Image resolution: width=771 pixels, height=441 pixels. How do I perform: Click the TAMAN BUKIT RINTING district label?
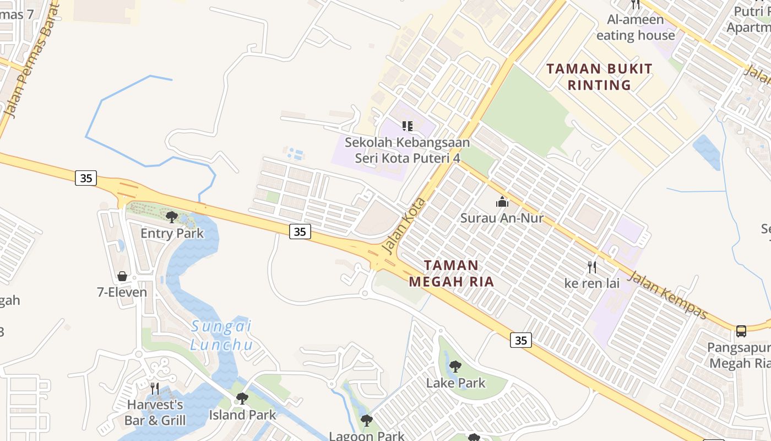point(599,77)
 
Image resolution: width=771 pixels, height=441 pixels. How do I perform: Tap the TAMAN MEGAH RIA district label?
point(451,273)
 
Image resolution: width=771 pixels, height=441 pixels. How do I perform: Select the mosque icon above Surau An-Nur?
point(502,202)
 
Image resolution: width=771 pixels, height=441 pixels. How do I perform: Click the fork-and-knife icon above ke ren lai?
point(592,267)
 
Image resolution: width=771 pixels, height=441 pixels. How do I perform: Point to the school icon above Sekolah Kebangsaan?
point(407,126)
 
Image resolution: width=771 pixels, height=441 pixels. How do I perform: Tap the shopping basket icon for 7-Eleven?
point(122,276)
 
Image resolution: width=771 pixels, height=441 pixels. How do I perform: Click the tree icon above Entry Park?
point(171,217)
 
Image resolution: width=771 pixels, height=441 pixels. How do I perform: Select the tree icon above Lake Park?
point(455,366)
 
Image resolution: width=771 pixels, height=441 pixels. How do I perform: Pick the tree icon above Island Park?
point(242,398)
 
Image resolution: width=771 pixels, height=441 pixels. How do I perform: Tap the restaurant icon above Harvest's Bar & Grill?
point(155,388)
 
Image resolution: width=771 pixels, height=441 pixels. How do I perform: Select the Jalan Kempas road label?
point(667,295)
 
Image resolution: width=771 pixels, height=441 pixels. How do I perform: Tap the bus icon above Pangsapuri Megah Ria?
point(741,331)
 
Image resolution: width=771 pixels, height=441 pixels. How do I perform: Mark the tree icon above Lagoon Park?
point(366,421)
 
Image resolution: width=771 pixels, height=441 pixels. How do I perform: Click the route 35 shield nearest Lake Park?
point(520,340)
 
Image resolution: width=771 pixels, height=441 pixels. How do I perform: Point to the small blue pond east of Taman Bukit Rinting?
point(707,151)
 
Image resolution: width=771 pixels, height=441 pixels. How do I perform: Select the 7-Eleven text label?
point(122,292)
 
